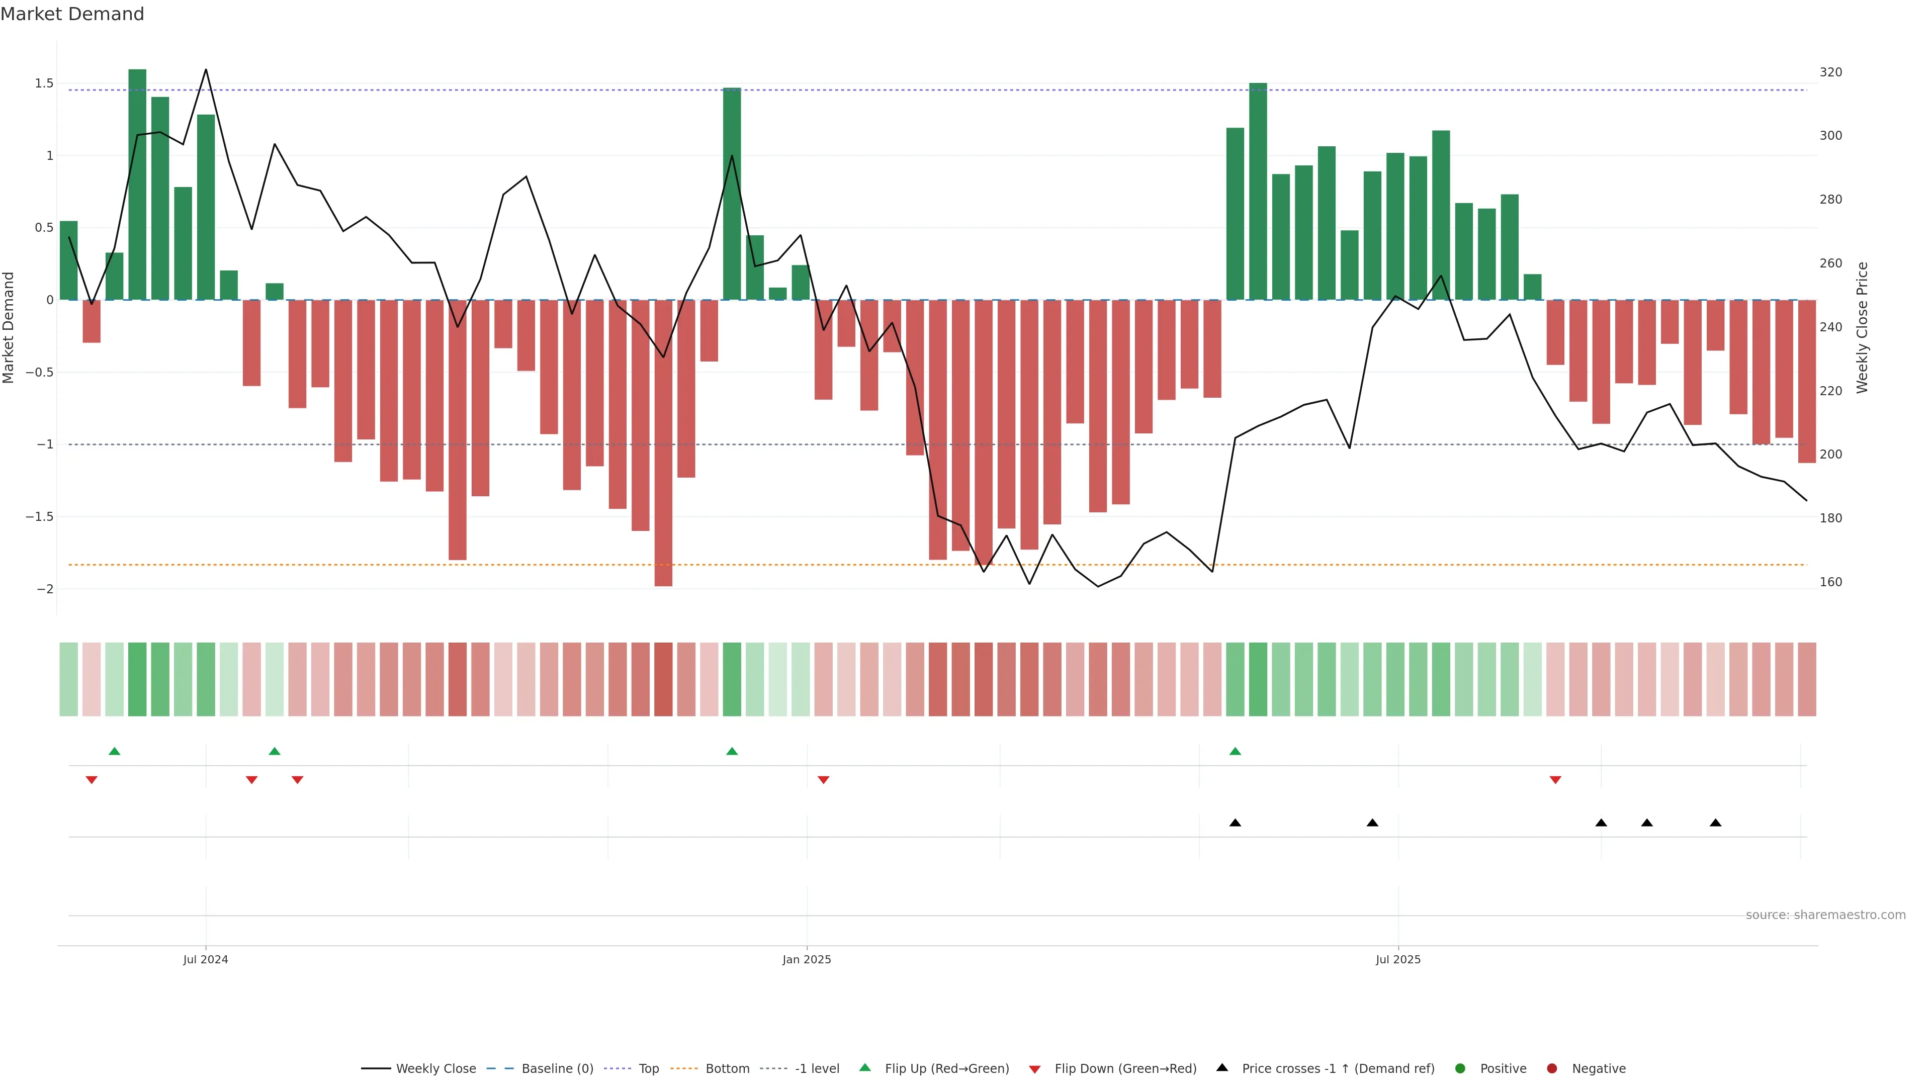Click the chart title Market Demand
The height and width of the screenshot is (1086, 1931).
click(x=72, y=14)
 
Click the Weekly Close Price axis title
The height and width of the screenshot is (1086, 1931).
click(x=1862, y=327)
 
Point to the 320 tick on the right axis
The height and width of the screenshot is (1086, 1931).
click(x=1830, y=72)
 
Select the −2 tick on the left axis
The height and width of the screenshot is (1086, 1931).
click(x=45, y=589)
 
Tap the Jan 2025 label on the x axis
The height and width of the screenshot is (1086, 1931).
click(x=807, y=959)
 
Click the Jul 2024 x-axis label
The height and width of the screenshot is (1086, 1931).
click(x=205, y=959)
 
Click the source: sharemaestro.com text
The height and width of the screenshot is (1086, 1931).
click(x=1825, y=915)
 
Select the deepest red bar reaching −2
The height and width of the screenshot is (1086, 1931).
click(x=663, y=442)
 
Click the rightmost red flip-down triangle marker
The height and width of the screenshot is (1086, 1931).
click(x=1555, y=780)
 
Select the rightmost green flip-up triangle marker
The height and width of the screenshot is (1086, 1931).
click(x=1236, y=751)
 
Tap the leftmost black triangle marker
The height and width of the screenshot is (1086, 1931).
click(x=1236, y=823)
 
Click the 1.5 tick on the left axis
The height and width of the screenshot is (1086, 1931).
click(x=43, y=83)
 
